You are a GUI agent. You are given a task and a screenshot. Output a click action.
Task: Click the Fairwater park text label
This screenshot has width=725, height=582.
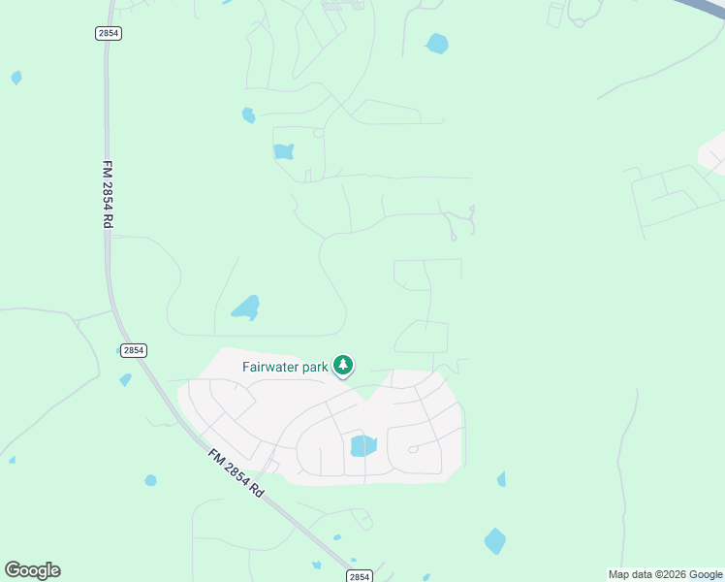click(x=285, y=367)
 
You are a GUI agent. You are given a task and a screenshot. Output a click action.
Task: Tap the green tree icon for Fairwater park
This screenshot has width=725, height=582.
click(x=342, y=365)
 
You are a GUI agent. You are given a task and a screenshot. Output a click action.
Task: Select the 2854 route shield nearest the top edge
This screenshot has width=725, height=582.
click(x=109, y=33)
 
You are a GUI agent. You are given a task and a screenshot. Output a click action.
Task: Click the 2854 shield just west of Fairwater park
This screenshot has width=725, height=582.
click(x=134, y=350)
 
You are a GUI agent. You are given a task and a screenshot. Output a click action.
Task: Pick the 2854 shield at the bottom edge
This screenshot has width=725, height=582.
click(x=359, y=575)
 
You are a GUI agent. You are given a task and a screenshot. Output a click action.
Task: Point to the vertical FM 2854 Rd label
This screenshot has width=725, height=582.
click(x=107, y=194)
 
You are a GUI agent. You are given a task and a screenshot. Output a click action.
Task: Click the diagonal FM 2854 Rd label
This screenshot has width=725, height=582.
click(x=236, y=472)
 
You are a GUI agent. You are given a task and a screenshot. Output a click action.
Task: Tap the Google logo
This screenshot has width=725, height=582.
click(x=32, y=570)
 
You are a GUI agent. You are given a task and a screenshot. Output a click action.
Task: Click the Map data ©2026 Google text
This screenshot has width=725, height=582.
click(x=665, y=574)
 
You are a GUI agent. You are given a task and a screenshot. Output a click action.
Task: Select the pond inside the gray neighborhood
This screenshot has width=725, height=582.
click(x=362, y=445)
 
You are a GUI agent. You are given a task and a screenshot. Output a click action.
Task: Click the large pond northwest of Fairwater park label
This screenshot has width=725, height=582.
click(x=246, y=308)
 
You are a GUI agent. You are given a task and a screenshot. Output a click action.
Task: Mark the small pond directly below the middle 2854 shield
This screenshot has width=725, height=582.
click(x=125, y=380)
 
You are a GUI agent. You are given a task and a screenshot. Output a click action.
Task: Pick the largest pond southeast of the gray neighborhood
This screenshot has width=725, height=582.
click(x=494, y=540)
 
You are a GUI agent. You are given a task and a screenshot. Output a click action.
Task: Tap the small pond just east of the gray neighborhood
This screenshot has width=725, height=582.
click(x=501, y=479)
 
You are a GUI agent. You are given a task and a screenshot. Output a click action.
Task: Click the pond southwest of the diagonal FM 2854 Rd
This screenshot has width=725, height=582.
click(x=150, y=480)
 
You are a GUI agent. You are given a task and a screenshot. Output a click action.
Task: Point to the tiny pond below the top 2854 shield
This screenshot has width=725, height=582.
click(x=16, y=78)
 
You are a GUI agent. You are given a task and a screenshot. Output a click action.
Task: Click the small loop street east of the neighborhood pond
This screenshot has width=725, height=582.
click(x=413, y=449)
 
